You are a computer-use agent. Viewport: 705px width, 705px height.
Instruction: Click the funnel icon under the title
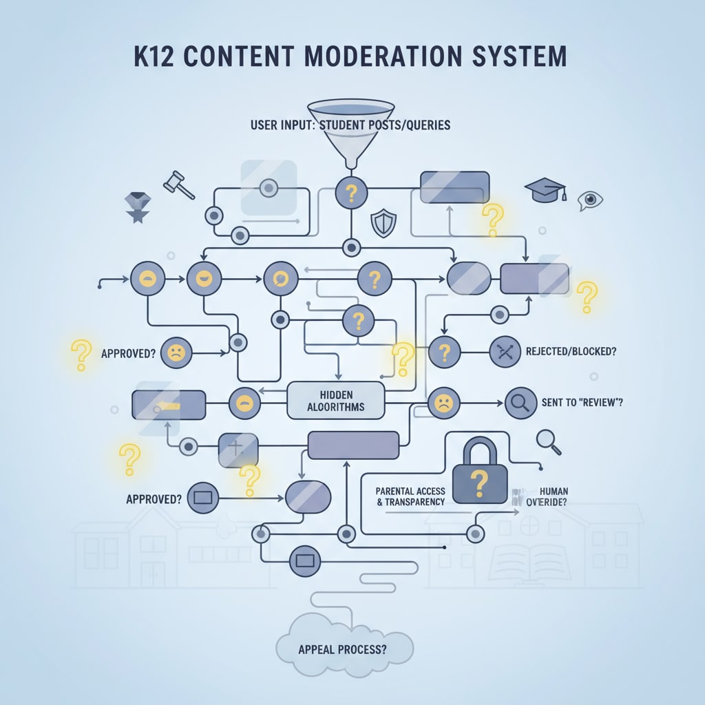coord(351,131)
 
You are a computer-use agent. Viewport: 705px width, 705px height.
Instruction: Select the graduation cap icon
coord(545,189)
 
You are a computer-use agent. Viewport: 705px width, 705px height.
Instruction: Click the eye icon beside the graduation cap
coord(590,200)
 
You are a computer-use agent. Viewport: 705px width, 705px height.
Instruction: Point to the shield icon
coord(383,223)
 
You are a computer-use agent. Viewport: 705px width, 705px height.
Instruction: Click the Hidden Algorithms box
coord(335,399)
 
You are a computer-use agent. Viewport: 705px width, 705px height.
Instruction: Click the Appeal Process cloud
coord(344,648)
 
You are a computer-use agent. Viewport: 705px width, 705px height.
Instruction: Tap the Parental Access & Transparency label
coord(410,496)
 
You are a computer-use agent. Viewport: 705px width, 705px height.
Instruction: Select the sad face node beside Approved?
coord(176,354)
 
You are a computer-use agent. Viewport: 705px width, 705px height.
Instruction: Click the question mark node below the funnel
coord(351,193)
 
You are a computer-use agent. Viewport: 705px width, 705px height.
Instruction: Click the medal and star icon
coord(136,207)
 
